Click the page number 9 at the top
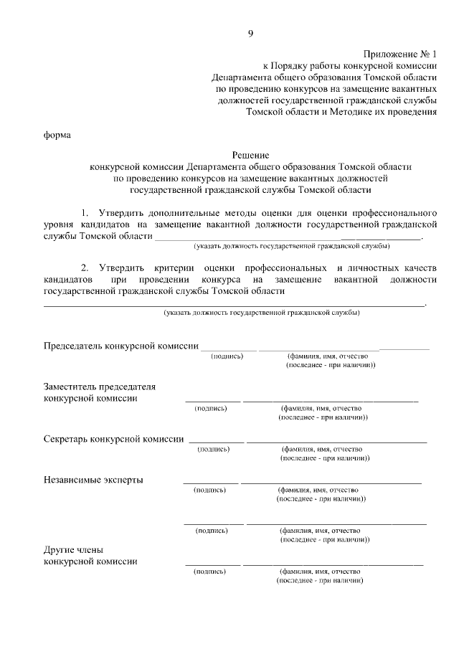point(249,33)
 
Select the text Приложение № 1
point(399,55)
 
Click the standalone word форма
point(57,135)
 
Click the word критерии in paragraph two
point(173,267)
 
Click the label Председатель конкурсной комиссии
point(121,346)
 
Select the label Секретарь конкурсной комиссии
point(113,438)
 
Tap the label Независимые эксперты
point(93,479)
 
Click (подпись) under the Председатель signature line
point(227,356)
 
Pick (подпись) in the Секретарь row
point(213,449)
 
